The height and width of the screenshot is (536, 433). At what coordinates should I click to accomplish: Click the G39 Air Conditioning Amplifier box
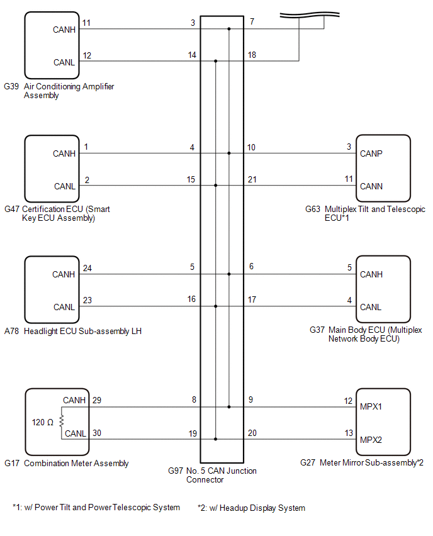click(51, 44)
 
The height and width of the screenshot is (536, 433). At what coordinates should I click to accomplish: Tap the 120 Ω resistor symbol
click(62, 420)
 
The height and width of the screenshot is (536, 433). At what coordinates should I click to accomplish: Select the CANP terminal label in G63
click(371, 154)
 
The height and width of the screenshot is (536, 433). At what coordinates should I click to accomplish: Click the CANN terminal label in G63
click(371, 186)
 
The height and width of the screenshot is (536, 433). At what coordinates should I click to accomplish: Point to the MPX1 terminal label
click(371, 406)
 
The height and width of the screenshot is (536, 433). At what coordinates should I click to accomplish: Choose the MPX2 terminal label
click(371, 439)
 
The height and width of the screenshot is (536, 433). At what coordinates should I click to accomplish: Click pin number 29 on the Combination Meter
click(96, 400)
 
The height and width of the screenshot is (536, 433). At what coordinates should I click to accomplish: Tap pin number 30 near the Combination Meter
click(96, 433)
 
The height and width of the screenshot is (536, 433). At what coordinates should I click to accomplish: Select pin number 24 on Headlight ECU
click(87, 268)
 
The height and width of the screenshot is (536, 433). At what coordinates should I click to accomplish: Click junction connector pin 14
click(192, 55)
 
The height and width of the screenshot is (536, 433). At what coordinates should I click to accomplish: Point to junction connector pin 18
click(252, 55)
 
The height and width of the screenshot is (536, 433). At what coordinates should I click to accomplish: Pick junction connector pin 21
click(252, 180)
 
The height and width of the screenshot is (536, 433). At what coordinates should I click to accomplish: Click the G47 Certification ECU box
click(51, 169)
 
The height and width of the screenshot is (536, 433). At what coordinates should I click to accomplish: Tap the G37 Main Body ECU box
click(383, 289)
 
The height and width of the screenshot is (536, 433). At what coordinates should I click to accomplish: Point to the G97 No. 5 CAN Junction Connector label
click(212, 475)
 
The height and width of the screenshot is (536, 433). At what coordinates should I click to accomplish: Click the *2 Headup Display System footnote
click(251, 508)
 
